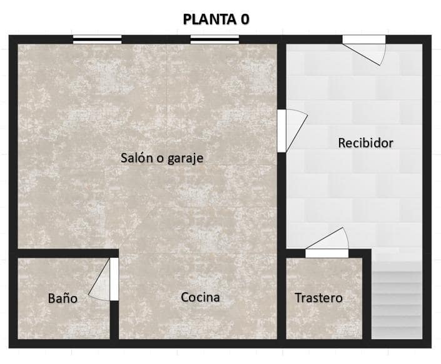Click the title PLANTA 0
coord(216,19)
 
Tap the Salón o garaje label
coord(162,158)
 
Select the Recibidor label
coord(365,143)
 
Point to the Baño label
coord(63,298)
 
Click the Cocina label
coord(200,297)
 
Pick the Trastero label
coord(318,298)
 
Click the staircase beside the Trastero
coord(397,300)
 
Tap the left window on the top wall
coord(97,39)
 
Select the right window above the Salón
coord(215,39)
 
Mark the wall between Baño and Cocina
coord(114,318)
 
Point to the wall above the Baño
coord(63,253)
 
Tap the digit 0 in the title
coord(243,19)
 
